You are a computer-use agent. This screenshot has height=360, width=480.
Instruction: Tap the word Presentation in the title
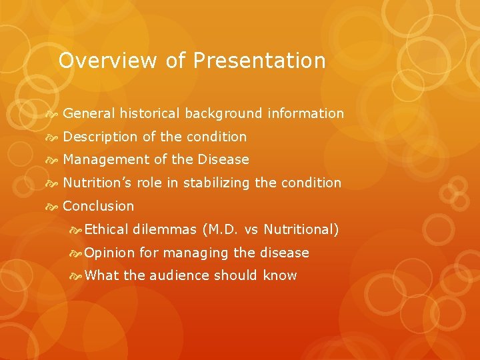pos(259,61)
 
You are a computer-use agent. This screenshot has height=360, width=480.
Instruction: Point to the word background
pos(224,114)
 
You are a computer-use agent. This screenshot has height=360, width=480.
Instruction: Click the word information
pos(305,113)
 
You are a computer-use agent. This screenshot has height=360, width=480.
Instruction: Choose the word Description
pos(101,137)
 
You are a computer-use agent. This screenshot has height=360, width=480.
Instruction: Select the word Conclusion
pos(98,206)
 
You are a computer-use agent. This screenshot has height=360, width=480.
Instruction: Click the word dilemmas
pos(164,229)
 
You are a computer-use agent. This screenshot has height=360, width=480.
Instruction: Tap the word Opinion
pos(110,253)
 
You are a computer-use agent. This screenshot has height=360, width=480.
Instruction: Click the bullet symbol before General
pos(53,114)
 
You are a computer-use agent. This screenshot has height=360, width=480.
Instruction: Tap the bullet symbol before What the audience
pos(76,276)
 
